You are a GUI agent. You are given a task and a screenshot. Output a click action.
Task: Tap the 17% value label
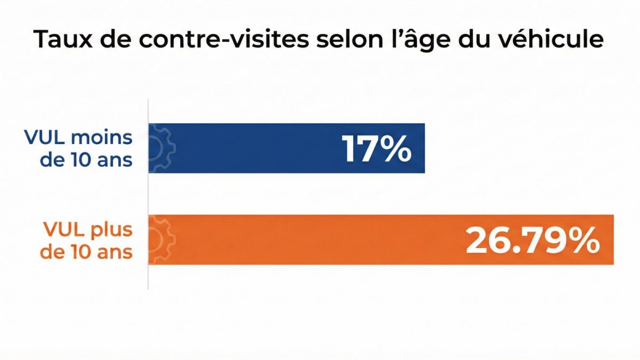coord(377,149)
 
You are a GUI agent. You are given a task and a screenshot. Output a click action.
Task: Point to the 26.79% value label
coord(533,241)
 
